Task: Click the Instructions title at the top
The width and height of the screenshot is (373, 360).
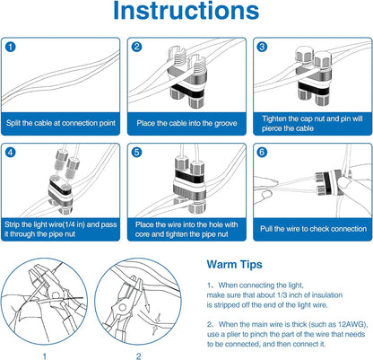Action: click(x=186, y=15)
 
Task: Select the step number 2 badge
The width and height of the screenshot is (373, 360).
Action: click(x=136, y=47)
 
